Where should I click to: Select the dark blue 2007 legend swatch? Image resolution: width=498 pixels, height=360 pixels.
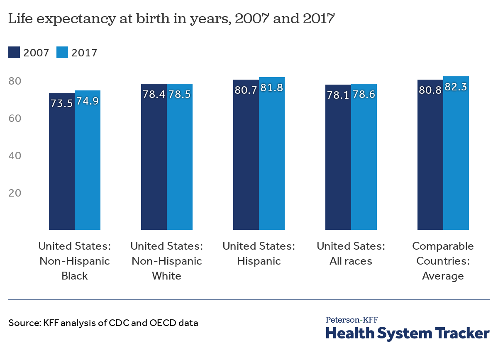click(x=14, y=53)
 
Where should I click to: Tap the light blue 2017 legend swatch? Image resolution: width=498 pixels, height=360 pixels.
click(x=62, y=53)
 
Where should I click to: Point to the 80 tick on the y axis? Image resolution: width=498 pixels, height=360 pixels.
click(x=15, y=81)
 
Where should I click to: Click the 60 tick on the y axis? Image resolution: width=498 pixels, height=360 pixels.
click(x=15, y=118)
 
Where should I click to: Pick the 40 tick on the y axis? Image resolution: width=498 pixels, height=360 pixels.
click(x=15, y=156)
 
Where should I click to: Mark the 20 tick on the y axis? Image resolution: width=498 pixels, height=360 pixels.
click(x=15, y=193)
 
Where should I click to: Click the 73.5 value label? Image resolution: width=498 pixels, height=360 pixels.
click(x=62, y=104)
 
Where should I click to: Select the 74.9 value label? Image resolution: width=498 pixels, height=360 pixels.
click(x=88, y=101)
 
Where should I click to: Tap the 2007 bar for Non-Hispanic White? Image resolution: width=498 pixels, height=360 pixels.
click(x=154, y=166)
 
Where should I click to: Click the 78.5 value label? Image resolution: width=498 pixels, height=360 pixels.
click(x=180, y=95)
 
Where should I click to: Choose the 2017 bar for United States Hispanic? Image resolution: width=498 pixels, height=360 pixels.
click(x=272, y=166)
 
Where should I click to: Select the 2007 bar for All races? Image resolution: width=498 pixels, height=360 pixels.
click(x=338, y=166)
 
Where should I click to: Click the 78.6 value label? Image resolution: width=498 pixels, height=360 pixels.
click(x=364, y=95)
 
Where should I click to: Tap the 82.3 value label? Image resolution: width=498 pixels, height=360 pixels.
click(x=456, y=88)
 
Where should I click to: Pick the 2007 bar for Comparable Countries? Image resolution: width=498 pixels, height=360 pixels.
click(x=430, y=166)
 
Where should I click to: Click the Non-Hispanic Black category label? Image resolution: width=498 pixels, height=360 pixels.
click(x=75, y=261)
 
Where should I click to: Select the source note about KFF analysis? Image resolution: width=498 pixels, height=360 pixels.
click(x=103, y=322)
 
